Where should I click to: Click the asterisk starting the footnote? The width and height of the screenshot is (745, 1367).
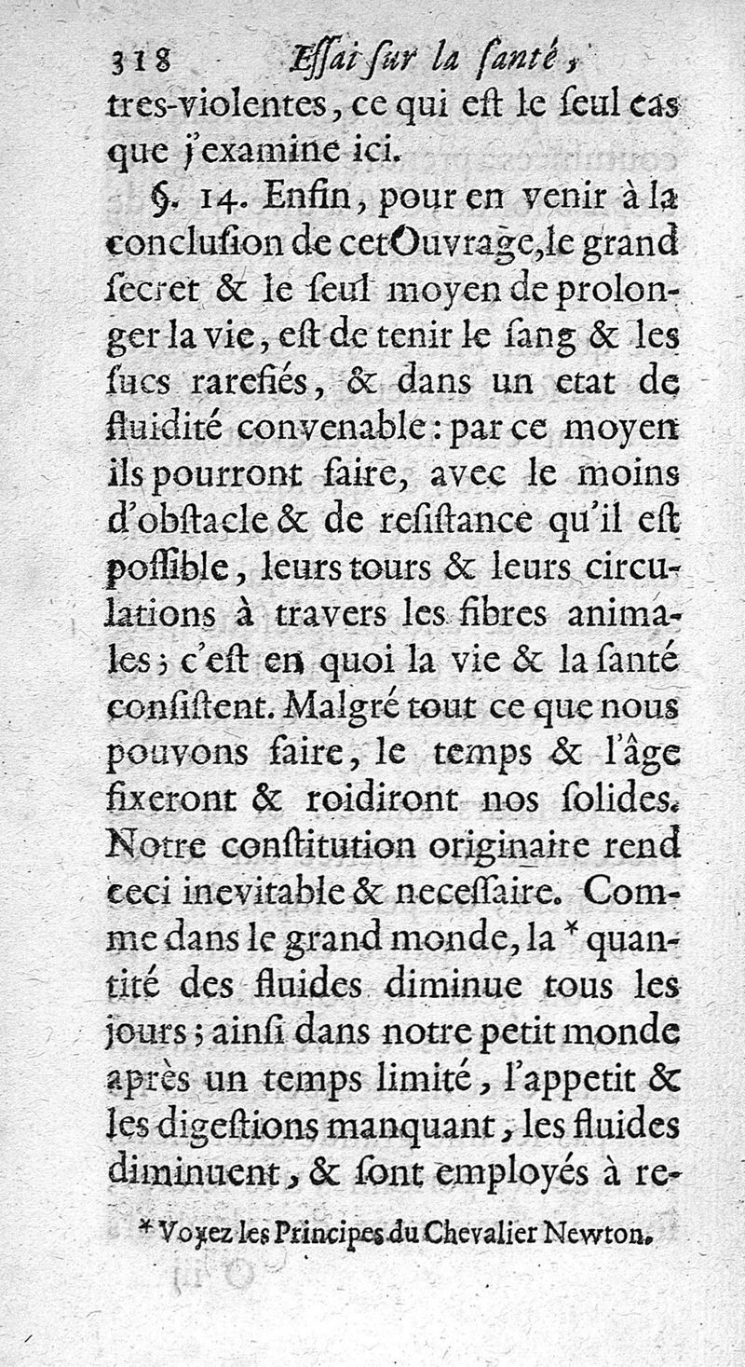tap(146, 1231)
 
